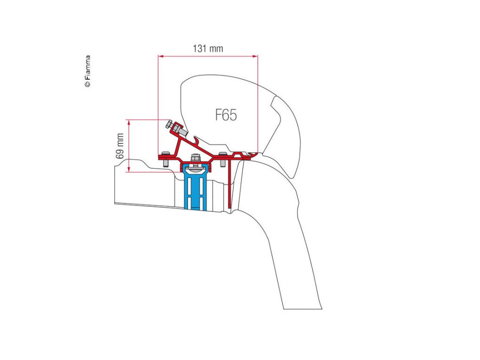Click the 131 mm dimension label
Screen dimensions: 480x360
point(208,48)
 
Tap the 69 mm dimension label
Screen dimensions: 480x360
point(121,145)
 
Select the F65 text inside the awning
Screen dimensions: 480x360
point(226,115)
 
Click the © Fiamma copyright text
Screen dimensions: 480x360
point(88,71)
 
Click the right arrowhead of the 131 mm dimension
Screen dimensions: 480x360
point(255,56)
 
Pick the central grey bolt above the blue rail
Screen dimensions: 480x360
point(194,159)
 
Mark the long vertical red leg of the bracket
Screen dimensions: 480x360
point(229,183)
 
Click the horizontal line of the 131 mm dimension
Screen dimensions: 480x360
point(208,56)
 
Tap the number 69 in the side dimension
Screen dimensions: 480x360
point(121,153)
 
